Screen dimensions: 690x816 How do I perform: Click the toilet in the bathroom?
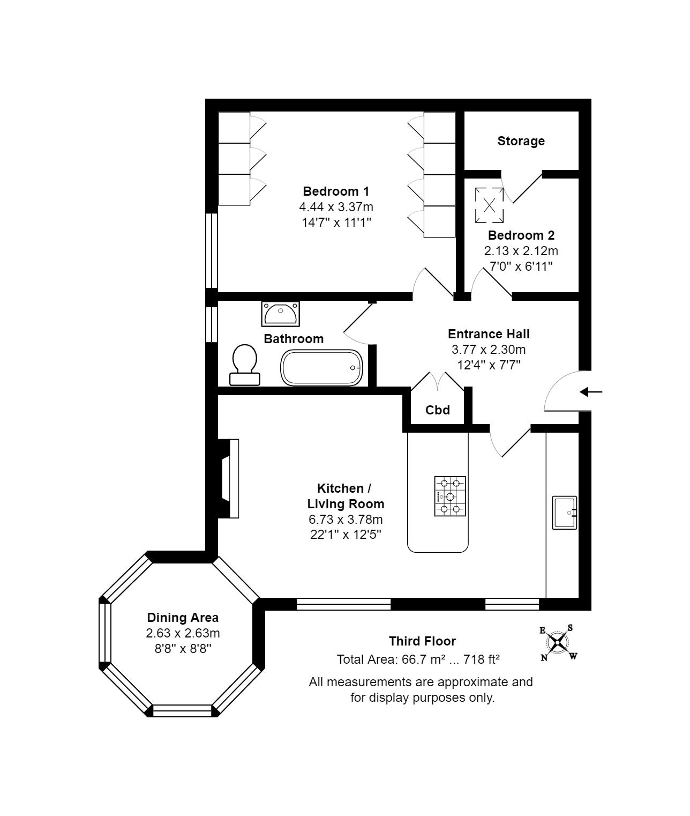coord(245,365)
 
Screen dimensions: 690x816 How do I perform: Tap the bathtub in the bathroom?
coord(321,368)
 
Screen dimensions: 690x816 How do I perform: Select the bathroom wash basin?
coord(280,314)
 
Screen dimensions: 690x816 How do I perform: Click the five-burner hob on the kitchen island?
coord(450,496)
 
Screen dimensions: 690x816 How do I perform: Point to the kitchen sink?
coord(565,513)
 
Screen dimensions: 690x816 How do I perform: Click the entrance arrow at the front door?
coord(591,392)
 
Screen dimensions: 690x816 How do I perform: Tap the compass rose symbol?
coord(558,643)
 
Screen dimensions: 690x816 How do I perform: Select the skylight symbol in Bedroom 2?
coord(489,205)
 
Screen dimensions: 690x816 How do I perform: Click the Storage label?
coord(521,141)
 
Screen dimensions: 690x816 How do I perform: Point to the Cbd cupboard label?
coord(438,410)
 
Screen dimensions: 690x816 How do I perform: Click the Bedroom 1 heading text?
coord(336,191)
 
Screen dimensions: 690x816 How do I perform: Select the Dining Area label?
coord(183,618)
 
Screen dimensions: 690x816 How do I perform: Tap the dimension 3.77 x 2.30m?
coord(489,350)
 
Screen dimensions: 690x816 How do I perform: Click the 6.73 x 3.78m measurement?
coord(346,519)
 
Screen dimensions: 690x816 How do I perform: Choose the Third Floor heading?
coord(422,641)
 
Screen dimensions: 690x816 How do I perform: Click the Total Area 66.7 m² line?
coord(418,659)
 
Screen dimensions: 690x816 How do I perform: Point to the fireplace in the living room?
coord(228,478)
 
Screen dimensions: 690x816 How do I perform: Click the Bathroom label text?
coord(294,339)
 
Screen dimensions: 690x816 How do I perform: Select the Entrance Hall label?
coord(489,334)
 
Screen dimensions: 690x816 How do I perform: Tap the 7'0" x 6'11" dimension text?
coord(521,266)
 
